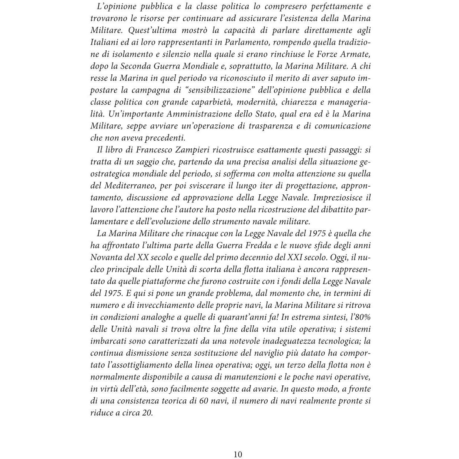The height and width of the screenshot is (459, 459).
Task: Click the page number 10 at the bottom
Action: coord(238,454)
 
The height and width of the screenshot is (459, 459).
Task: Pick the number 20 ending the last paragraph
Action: coord(147,413)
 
